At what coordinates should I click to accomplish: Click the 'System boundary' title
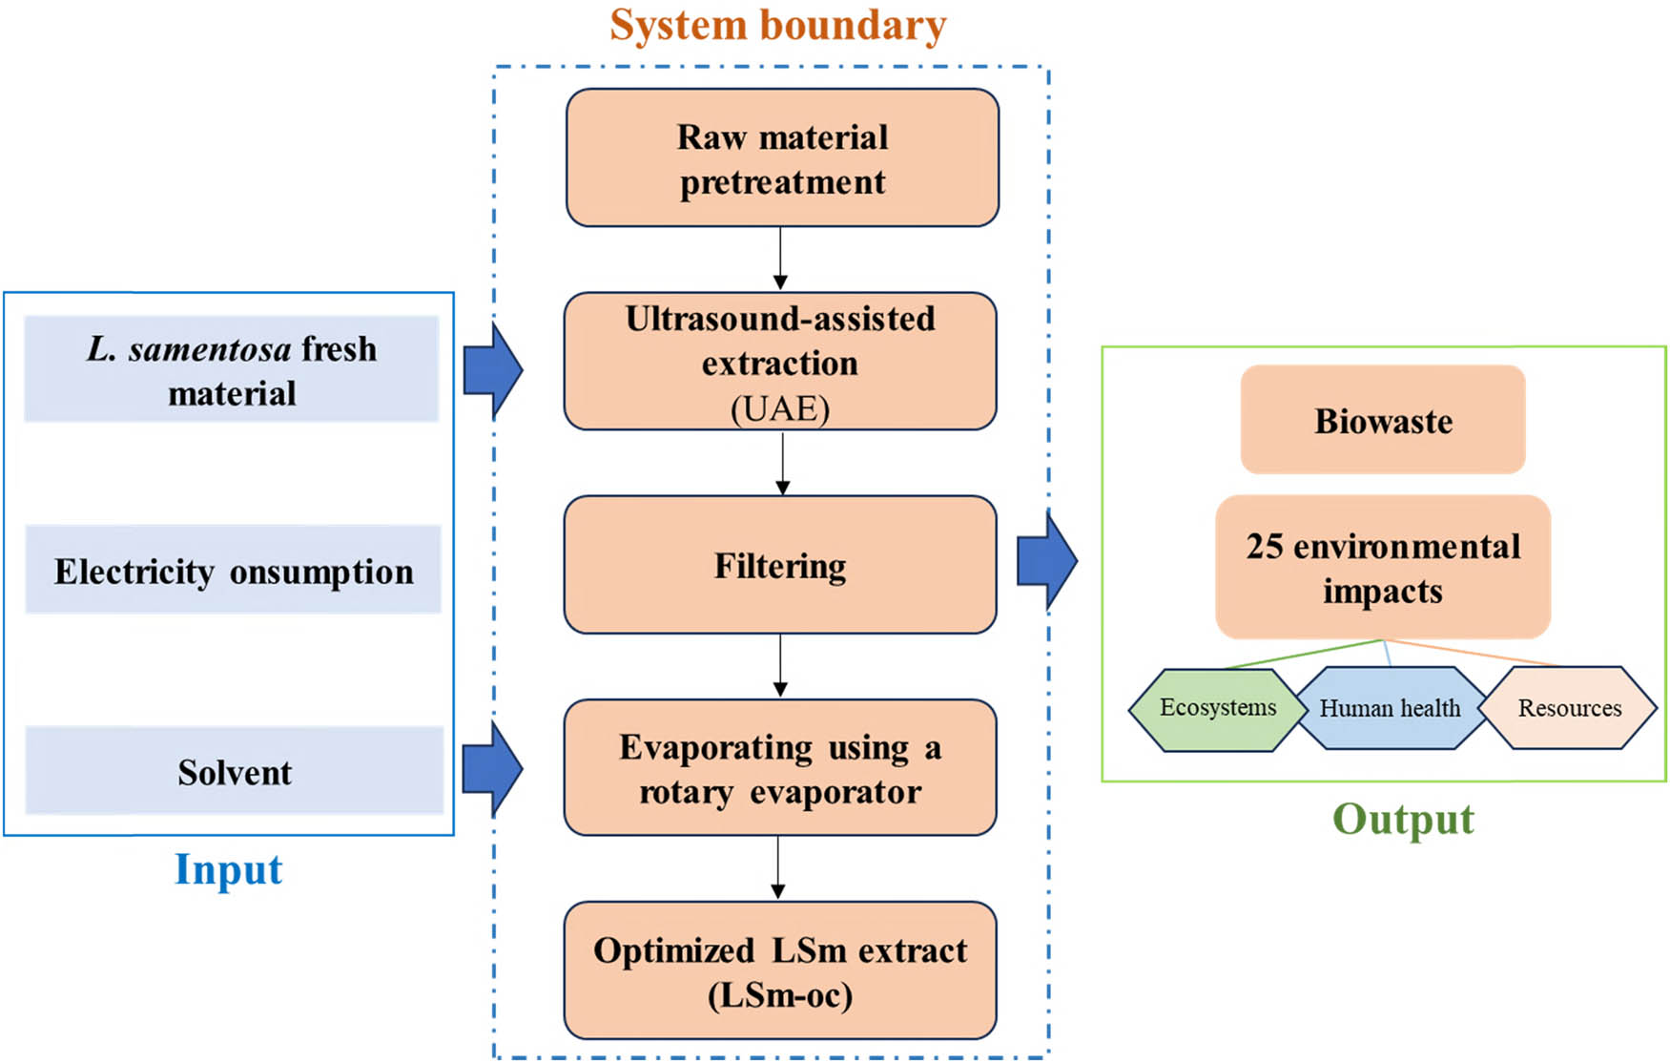pyautogui.click(x=777, y=26)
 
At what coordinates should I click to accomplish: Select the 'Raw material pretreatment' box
pyautogui.click(x=782, y=158)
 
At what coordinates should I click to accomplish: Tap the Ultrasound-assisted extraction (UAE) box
pyautogui.click(x=780, y=362)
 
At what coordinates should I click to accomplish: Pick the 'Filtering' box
pyautogui.click(x=780, y=565)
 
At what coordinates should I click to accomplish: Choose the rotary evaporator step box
pyautogui.click(x=780, y=768)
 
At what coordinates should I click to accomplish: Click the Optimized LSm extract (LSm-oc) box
pyautogui.click(x=780, y=970)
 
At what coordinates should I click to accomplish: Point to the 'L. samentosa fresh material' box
pyautogui.click(x=232, y=369)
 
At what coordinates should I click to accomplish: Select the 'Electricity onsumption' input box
pyautogui.click(x=234, y=570)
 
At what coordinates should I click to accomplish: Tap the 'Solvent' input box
pyautogui.click(x=235, y=771)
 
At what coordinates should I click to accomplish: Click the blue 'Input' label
pyautogui.click(x=228, y=869)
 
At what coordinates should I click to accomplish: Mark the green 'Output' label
pyautogui.click(x=1402, y=819)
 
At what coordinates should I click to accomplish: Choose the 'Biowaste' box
pyautogui.click(x=1383, y=420)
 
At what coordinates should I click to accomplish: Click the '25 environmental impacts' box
pyautogui.click(x=1383, y=568)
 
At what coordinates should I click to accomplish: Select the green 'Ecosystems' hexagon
pyautogui.click(x=1217, y=708)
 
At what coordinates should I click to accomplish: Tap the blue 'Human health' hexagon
pyautogui.click(x=1390, y=708)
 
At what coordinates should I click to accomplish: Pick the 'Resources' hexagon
pyautogui.click(x=1570, y=708)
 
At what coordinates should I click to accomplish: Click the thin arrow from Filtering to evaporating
pyautogui.click(x=780, y=665)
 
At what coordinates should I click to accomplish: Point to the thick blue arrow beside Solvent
pyautogui.click(x=492, y=768)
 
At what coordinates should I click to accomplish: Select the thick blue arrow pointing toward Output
pyautogui.click(x=1046, y=561)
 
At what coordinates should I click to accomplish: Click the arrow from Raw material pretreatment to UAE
pyautogui.click(x=780, y=258)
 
